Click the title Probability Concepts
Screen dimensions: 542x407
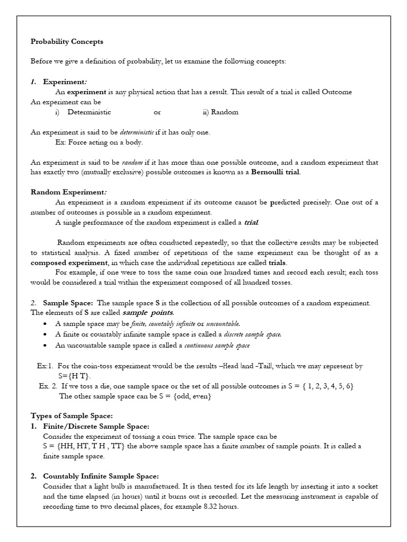[x=67, y=41]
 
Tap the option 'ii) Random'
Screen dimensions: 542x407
[x=220, y=112]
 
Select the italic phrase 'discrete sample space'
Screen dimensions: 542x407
[x=252, y=335]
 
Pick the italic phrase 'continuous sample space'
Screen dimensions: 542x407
[x=217, y=346]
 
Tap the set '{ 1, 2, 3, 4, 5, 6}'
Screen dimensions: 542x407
[x=327, y=386]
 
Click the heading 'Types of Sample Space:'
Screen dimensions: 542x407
[x=72, y=416]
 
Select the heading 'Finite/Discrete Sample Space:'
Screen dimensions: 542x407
[x=96, y=426]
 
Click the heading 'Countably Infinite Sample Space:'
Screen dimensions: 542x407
[x=100, y=476]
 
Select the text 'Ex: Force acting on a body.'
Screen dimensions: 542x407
[x=99, y=142]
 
